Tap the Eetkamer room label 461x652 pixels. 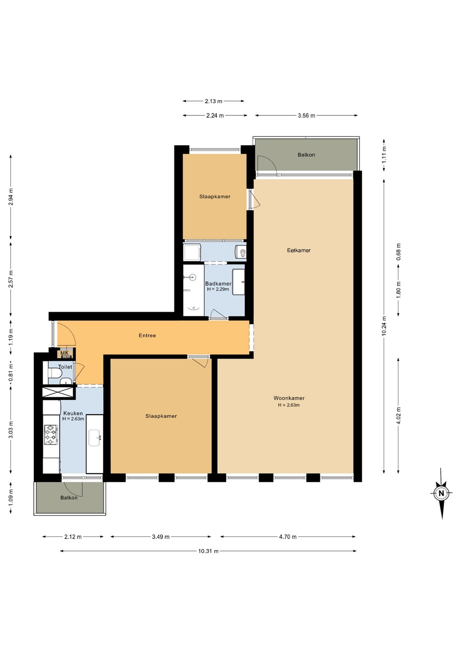point(298,250)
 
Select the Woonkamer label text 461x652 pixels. point(289,398)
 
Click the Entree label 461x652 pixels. point(147,336)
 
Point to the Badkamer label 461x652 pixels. point(218,283)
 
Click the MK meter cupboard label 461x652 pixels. point(64,353)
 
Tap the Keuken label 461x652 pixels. point(73,413)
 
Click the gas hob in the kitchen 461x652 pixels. point(50,435)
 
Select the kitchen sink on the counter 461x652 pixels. point(94,437)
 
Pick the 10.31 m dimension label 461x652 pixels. point(208,551)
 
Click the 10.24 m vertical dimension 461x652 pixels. point(384,326)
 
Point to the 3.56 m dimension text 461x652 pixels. point(306,115)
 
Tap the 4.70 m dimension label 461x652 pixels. point(288,537)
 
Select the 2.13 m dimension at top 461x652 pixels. point(213,101)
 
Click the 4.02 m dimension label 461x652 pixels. point(399,416)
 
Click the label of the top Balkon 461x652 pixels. point(306,155)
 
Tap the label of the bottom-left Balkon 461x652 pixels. point(69,498)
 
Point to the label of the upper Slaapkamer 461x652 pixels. point(215,197)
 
